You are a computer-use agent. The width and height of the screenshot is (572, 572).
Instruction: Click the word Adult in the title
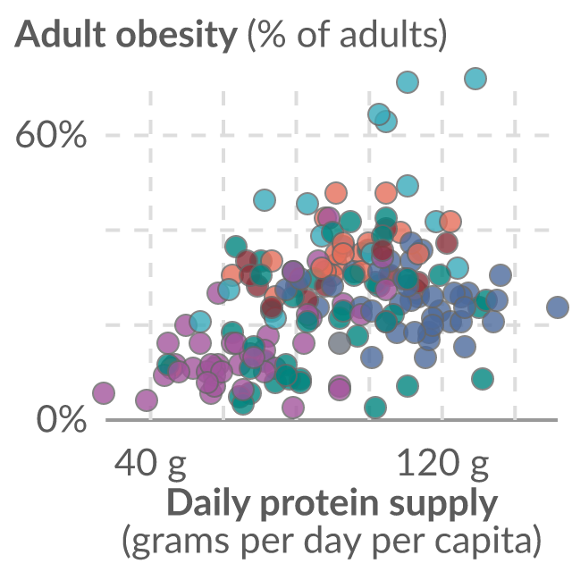tap(61, 35)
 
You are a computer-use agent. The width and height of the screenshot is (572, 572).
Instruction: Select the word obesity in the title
tap(177, 36)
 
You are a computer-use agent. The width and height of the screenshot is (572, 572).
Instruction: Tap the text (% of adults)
tap(347, 35)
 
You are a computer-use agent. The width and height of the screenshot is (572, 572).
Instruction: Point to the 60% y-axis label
tap(51, 135)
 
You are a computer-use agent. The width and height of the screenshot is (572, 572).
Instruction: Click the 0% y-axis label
tap(62, 420)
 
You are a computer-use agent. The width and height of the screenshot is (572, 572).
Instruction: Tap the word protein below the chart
tap(320, 505)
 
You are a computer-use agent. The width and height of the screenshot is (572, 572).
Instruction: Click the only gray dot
tap(340, 343)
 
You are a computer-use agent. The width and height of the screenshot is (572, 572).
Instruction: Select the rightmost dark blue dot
tap(558, 307)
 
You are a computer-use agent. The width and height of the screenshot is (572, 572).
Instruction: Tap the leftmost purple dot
tap(104, 393)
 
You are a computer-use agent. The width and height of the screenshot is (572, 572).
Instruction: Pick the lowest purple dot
tap(293, 407)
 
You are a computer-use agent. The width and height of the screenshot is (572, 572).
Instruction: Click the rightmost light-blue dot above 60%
tap(475, 79)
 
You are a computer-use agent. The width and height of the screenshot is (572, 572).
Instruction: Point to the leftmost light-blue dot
tap(200, 322)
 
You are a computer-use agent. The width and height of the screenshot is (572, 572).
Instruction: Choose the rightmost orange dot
tap(450, 222)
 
